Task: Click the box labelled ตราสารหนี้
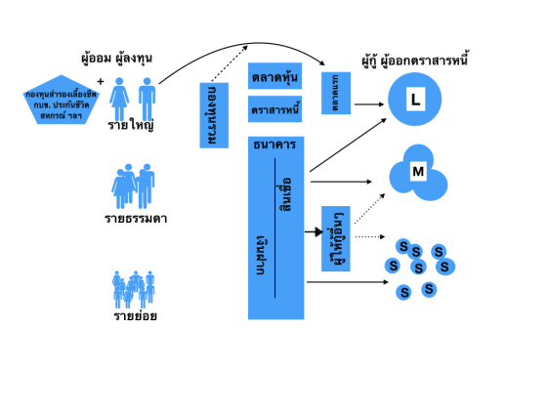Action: [276, 108]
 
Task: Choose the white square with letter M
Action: [418, 172]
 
